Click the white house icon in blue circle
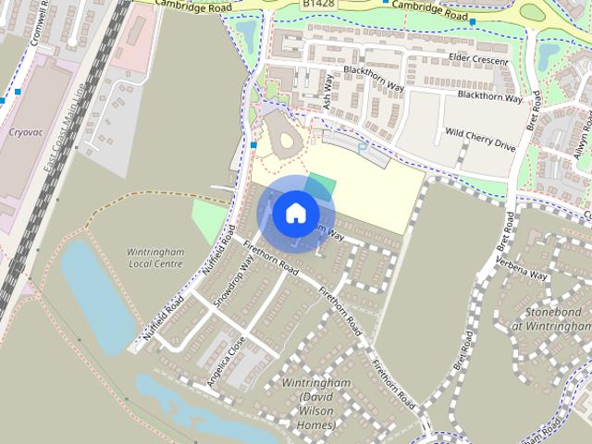[294, 214]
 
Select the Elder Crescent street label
[479, 60]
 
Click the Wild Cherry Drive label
[479, 139]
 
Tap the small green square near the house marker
[318, 182]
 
